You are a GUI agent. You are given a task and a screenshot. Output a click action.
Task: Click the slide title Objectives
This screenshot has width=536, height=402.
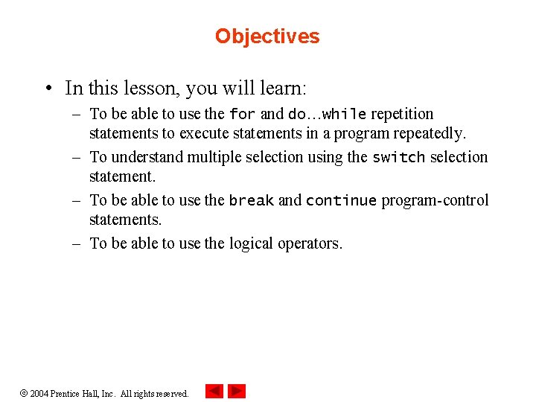click(267, 36)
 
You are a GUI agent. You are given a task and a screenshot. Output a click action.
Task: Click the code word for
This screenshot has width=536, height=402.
click(242, 115)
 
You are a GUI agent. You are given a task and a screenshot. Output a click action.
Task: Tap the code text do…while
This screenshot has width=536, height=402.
click(327, 115)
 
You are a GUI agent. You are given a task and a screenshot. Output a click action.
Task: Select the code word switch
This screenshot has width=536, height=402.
click(398, 158)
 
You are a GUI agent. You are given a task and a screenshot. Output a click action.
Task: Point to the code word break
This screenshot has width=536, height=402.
click(251, 201)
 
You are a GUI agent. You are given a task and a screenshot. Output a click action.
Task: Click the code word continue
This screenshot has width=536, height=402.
click(342, 201)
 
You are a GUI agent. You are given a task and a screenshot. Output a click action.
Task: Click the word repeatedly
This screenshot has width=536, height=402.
click(427, 134)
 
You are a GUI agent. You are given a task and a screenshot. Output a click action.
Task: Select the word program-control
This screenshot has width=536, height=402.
click(435, 201)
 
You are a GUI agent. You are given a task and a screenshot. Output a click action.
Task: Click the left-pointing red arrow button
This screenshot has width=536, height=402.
click(214, 391)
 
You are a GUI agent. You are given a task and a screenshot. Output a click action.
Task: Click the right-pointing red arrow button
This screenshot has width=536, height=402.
click(237, 391)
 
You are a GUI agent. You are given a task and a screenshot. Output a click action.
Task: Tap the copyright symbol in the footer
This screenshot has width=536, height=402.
click(22, 393)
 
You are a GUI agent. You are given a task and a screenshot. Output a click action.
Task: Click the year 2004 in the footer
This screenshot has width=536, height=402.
click(39, 394)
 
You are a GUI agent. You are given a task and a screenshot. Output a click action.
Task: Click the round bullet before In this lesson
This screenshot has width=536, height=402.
click(47, 89)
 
